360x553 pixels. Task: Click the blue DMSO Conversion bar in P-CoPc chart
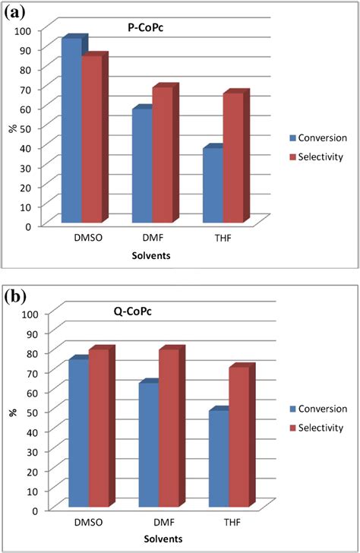(x=71, y=129)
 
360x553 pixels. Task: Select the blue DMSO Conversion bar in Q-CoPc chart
(x=78, y=433)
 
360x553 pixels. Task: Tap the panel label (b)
(x=16, y=296)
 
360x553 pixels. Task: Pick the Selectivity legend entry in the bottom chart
(x=317, y=428)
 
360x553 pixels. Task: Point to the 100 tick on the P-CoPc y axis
(x=29, y=30)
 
